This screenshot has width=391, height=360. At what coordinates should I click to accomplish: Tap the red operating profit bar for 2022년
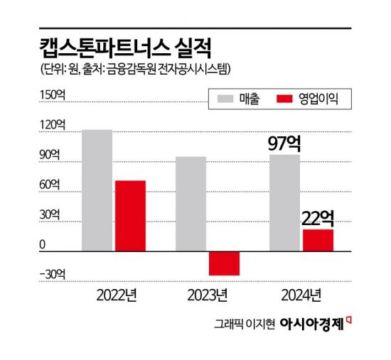tap(130, 216)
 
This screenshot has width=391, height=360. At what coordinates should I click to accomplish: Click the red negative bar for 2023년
tap(224, 263)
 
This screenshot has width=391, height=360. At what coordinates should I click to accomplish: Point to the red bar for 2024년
tap(318, 240)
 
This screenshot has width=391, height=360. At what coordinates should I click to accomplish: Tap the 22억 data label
tap(318, 217)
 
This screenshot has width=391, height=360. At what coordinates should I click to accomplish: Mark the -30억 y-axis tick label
tap(52, 275)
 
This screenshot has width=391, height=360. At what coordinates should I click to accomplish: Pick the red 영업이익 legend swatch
tap(286, 100)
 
